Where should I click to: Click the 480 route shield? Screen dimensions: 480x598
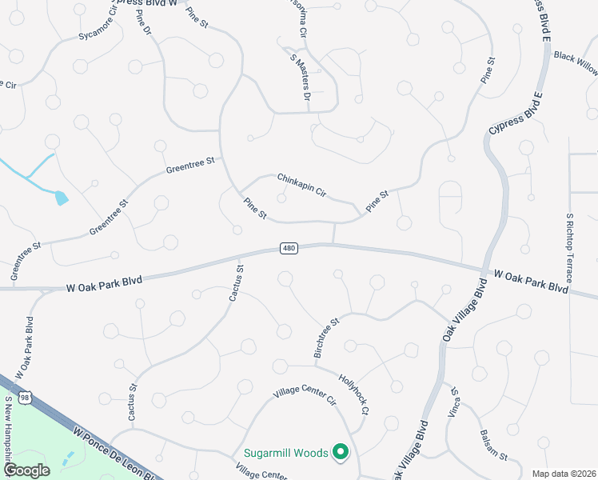point(289,249)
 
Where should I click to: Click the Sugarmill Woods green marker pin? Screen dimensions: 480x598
point(341,453)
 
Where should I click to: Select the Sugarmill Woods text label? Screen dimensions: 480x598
point(286,454)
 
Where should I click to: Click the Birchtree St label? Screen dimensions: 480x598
point(325,336)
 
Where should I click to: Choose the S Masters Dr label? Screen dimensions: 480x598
point(299,74)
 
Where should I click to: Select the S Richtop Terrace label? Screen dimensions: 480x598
point(569,248)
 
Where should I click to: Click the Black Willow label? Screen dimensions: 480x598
point(576,63)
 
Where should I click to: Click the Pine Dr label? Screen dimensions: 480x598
point(144,24)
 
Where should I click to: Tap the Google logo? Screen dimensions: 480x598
point(26,470)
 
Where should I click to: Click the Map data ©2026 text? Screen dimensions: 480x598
point(564,474)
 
